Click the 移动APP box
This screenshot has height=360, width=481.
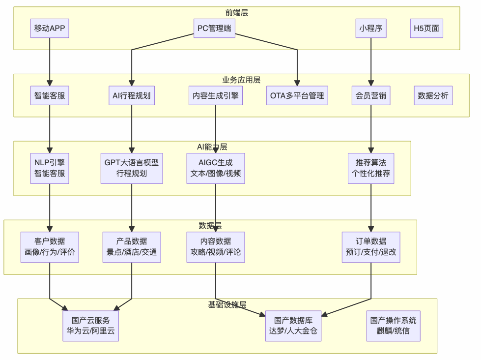[x=50, y=28]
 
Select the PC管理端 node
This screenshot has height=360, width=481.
[x=214, y=28]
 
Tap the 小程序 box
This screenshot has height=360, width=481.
[x=370, y=28]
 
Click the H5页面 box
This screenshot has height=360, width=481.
[x=426, y=28]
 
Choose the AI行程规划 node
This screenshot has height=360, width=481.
[x=132, y=95]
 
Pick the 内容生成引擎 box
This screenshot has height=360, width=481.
[x=216, y=95]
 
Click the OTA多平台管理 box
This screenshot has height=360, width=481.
[x=297, y=95]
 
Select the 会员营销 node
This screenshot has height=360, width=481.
[x=370, y=95]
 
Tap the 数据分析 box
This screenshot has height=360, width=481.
[x=433, y=95]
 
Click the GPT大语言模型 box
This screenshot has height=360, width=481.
[x=132, y=168]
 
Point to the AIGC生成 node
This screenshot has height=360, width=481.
[x=216, y=168]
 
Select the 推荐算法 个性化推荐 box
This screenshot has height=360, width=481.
[x=370, y=168]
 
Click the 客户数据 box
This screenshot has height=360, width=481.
[x=50, y=247]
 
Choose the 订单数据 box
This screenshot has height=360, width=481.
[x=370, y=247]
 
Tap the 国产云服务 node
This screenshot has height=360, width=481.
[x=91, y=326]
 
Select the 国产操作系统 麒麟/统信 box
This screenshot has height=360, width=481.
[x=393, y=326]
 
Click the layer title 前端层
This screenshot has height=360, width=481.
[x=237, y=12]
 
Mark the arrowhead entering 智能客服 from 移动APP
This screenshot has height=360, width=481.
[x=50, y=83]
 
